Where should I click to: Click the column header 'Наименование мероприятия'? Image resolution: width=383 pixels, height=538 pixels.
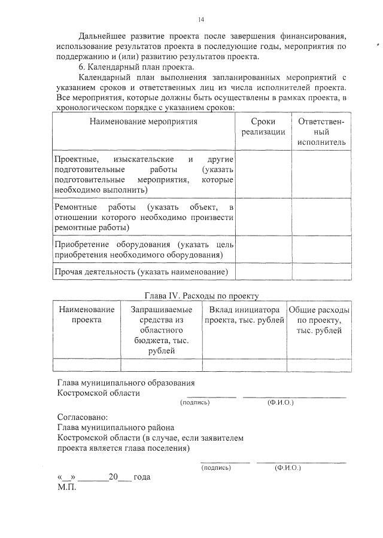coord(143,121)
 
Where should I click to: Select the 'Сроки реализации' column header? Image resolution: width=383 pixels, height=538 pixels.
coord(263,127)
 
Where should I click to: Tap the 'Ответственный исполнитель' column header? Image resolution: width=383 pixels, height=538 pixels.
coord(321,132)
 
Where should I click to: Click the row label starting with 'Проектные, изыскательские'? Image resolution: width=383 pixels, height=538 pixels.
coord(143,175)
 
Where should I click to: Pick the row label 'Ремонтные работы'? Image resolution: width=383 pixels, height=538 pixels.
coord(143,217)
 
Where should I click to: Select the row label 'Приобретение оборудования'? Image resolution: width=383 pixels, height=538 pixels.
coord(143,249)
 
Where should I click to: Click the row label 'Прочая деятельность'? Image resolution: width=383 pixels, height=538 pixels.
coord(141,272)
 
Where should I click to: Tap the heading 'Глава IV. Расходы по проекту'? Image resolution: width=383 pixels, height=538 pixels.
coord(201,295)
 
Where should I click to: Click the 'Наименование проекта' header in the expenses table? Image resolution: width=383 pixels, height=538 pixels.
coord(87,314)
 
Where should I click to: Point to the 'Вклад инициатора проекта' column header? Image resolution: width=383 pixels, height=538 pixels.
coord(244,314)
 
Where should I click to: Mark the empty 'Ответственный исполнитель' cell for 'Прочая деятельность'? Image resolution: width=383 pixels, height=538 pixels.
coord(321,272)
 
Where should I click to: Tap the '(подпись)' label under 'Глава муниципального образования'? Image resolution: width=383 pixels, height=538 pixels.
coord(195,403)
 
